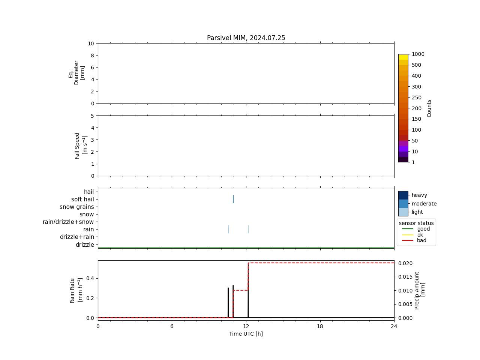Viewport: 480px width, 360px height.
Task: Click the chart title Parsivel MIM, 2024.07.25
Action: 246,38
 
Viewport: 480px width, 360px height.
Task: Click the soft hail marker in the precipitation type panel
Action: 233,199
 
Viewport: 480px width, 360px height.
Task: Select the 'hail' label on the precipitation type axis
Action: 89,192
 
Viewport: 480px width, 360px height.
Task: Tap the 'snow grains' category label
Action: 77,207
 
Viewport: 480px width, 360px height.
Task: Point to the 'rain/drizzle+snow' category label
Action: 68,222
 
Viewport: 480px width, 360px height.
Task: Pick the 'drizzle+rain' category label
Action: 77,237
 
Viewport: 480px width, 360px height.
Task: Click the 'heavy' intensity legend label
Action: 419,195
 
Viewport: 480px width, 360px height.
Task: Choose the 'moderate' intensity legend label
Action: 424,204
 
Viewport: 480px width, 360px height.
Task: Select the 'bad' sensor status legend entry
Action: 421,241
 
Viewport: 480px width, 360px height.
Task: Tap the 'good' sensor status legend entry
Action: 423,229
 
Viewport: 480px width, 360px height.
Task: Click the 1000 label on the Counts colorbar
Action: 418,54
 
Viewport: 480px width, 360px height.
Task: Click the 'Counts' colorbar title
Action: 429,108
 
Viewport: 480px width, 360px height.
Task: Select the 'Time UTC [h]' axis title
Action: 246,334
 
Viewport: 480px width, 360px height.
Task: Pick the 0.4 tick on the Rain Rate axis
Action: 90,278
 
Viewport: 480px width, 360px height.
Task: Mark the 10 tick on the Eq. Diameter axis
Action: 91,43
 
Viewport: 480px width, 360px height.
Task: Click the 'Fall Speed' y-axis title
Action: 77,145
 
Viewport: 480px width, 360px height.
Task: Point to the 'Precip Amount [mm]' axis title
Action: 420,290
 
